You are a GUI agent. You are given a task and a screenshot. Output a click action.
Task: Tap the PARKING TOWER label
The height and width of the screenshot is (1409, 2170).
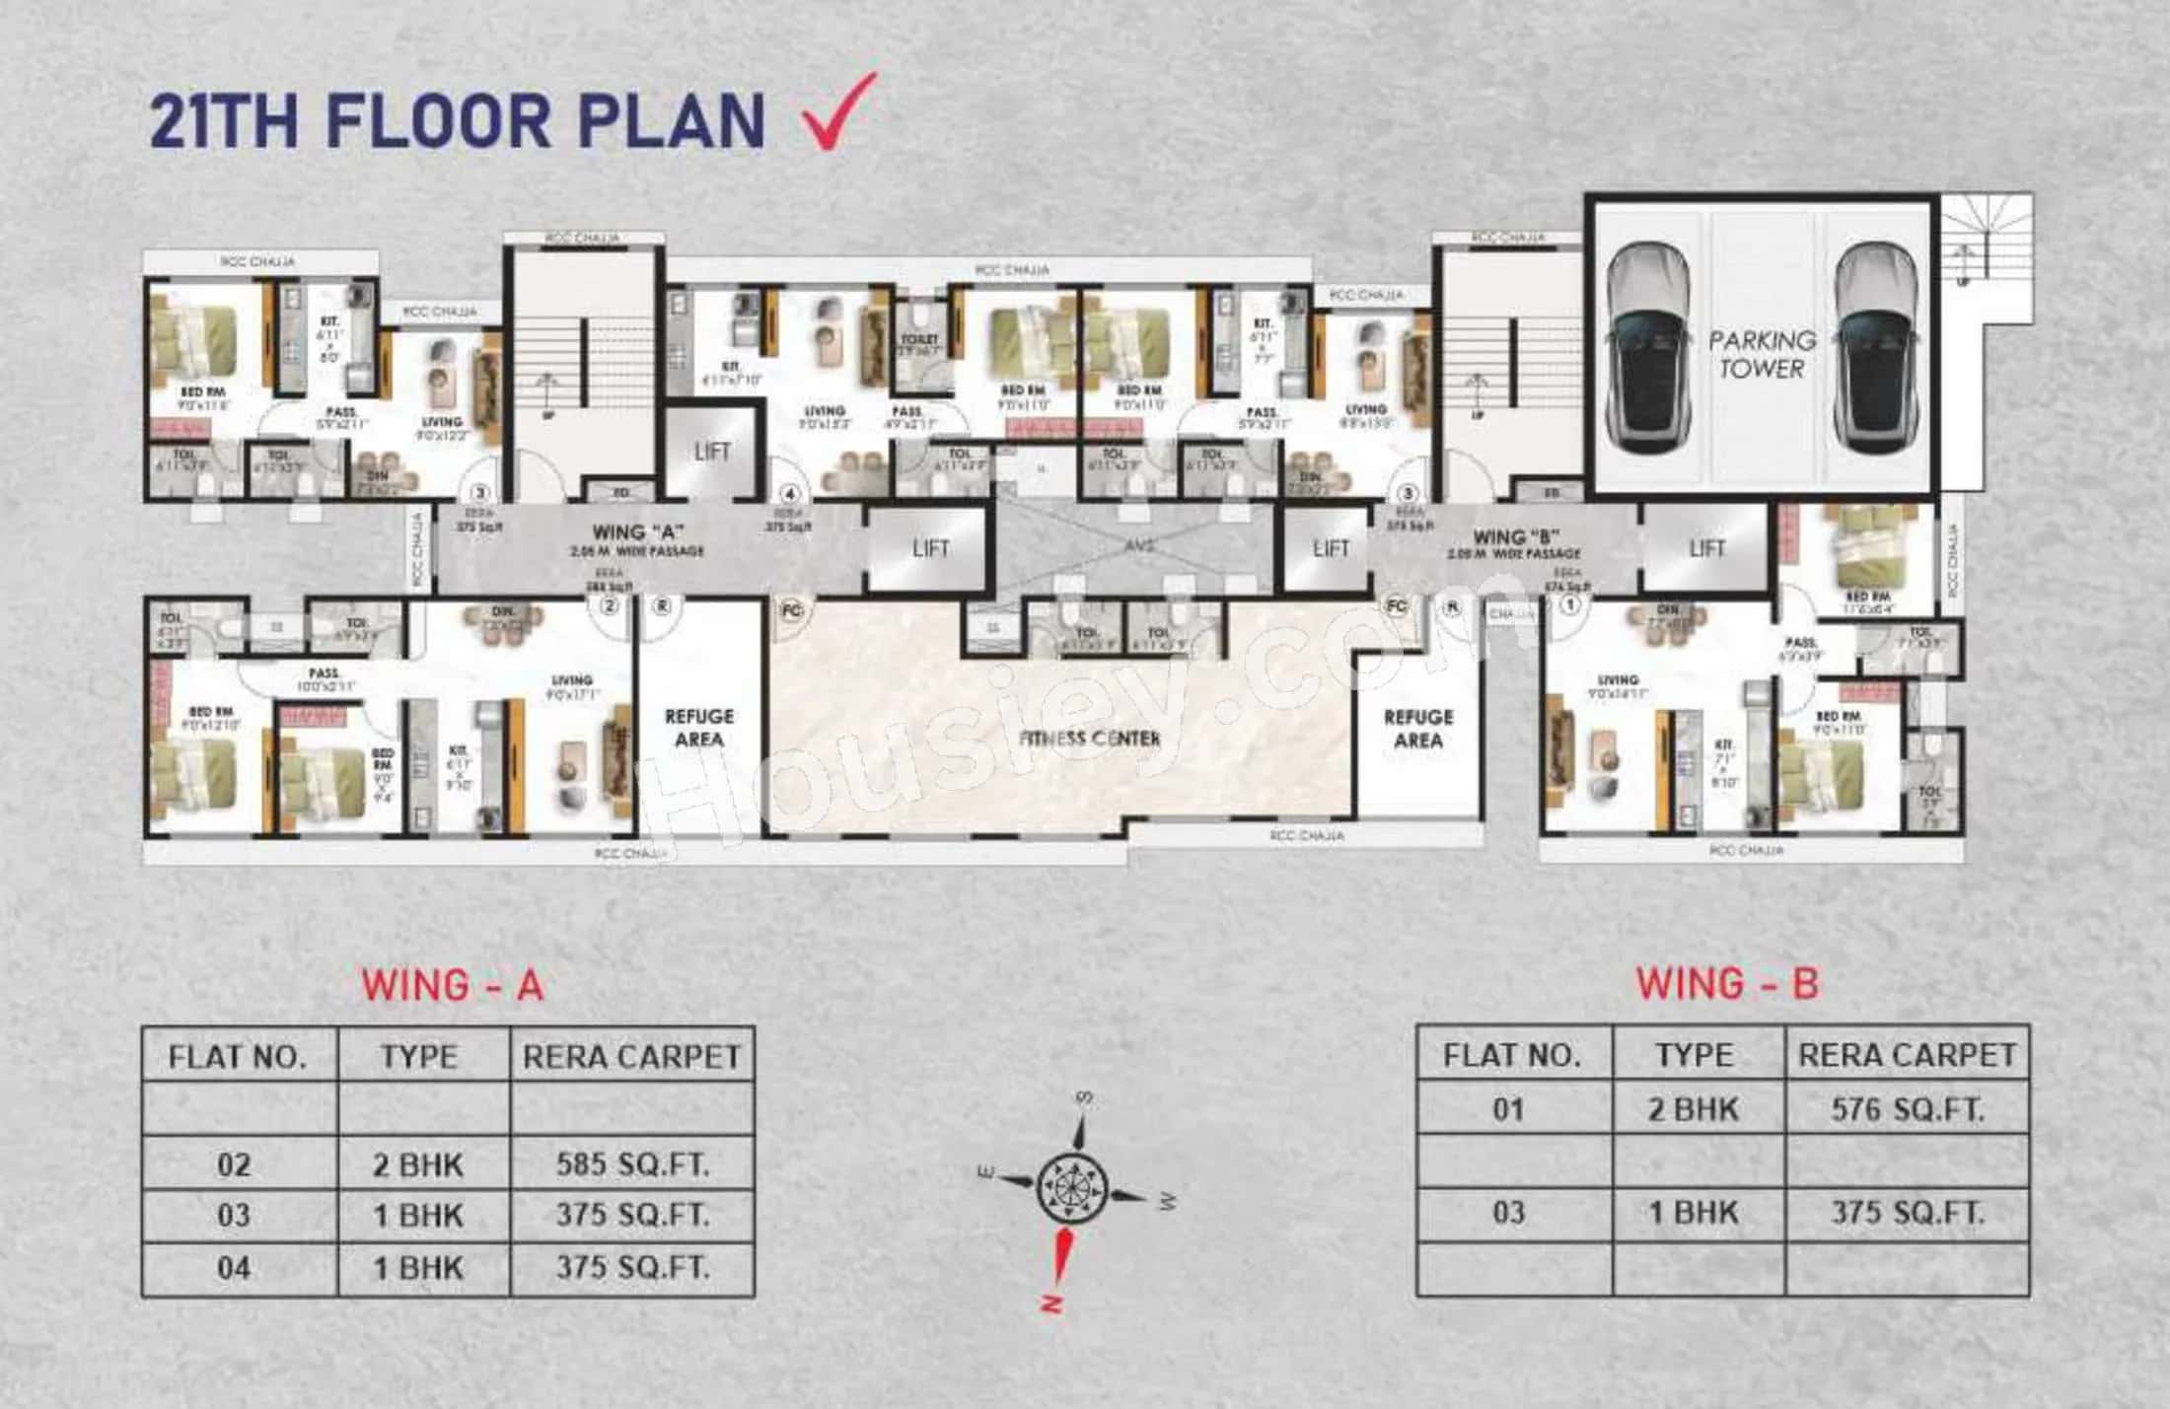pos(1762,354)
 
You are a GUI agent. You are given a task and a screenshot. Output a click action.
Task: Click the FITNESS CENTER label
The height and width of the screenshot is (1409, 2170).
pos(1089,738)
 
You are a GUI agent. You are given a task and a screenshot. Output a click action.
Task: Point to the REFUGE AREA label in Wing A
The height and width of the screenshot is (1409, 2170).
pos(699,728)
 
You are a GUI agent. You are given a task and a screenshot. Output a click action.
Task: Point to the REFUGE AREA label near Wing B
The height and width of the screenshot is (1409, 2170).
pos(1417,729)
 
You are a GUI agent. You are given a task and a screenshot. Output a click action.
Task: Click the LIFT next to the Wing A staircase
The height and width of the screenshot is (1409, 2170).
pos(711,453)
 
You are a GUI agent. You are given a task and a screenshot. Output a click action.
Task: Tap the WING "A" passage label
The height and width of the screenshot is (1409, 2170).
pos(637,533)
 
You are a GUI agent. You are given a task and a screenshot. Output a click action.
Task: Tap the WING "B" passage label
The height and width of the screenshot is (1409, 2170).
pos(1515,537)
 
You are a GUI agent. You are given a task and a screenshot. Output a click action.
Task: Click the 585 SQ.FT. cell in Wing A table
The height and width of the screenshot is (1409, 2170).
pos(632,1164)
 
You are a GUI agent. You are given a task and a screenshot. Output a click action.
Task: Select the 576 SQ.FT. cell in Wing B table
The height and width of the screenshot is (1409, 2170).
pos(1907,1110)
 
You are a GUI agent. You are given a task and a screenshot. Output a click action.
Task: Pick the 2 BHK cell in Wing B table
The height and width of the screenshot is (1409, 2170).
pos(1694,1110)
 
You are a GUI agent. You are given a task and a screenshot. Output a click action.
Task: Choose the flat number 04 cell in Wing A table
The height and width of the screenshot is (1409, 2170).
pos(235,1268)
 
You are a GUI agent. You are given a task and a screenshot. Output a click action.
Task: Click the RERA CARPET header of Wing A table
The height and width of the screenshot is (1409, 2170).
pos(631,1057)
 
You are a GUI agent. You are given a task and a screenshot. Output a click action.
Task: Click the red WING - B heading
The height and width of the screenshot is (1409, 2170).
pos(1727,984)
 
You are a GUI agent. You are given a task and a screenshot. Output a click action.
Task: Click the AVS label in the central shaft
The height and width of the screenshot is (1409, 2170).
pos(1139,545)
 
